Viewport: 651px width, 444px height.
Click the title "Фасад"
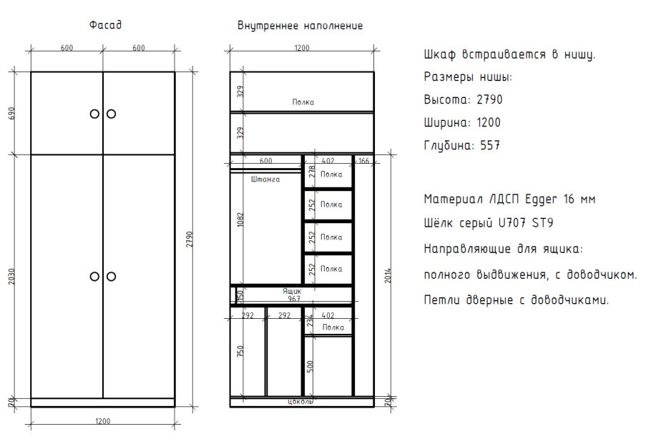pos(105,26)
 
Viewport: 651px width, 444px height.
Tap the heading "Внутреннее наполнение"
pos(300,26)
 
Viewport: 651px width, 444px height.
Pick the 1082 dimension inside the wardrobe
pos(241,220)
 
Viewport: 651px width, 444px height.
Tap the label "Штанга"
pos(264,180)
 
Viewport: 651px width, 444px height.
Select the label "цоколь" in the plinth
pos(300,402)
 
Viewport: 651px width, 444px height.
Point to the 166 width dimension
pos(363,162)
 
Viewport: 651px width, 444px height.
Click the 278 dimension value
pos(311,172)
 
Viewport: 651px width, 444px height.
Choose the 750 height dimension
pos(241,351)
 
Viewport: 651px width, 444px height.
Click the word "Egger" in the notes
pos(541,199)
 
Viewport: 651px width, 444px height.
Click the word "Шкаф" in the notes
pos(439,55)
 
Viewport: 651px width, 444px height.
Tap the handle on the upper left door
pos(94,114)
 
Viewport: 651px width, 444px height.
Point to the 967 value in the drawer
pos(293,298)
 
